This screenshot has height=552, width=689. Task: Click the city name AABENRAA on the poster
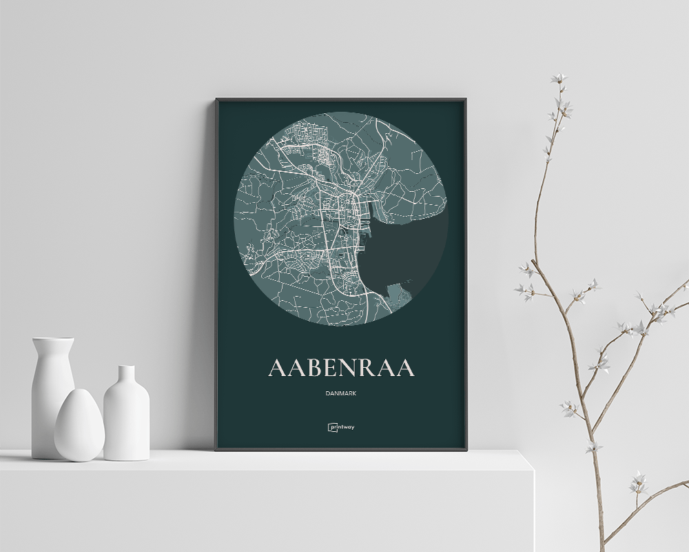pyautogui.click(x=341, y=367)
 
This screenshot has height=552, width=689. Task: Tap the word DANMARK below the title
pyautogui.click(x=341, y=394)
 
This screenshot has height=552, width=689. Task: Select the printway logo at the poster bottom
pyautogui.click(x=341, y=426)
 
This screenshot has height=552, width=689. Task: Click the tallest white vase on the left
pyautogui.click(x=52, y=386)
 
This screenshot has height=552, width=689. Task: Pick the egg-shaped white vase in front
pyautogui.click(x=79, y=426)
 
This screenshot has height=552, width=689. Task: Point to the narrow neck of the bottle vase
pyautogui.click(x=126, y=377)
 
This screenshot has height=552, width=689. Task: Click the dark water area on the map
pyautogui.click(x=407, y=255)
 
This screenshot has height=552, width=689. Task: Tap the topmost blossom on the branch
pyautogui.click(x=559, y=79)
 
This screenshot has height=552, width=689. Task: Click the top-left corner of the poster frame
pyautogui.click(x=216, y=99)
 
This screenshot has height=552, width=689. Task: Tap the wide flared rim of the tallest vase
pyautogui.click(x=53, y=340)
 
